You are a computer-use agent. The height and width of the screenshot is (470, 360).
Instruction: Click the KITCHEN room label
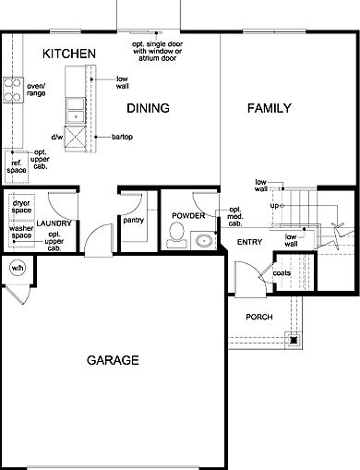[69, 54]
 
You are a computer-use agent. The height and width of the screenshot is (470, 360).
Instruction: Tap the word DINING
[148, 108]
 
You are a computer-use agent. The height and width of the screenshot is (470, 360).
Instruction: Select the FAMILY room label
[270, 108]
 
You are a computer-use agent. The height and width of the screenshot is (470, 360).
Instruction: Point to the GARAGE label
[113, 360]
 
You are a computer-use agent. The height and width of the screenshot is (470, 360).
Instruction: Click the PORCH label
[259, 317]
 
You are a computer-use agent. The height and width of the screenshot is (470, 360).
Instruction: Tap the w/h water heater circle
[18, 268]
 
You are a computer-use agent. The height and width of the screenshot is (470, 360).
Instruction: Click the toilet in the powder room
[176, 235]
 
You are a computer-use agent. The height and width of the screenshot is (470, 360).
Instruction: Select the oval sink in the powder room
[204, 240]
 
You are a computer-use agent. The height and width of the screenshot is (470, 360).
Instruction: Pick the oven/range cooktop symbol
[13, 90]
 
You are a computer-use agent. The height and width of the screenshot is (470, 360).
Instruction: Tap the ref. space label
[17, 166]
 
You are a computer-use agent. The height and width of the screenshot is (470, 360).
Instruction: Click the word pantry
[133, 221]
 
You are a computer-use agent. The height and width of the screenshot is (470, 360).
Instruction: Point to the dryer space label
[21, 207]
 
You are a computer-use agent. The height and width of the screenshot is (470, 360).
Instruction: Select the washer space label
[21, 232]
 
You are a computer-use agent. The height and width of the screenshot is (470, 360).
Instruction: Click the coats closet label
[282, 273]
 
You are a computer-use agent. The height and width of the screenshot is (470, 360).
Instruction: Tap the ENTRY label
[249, 242]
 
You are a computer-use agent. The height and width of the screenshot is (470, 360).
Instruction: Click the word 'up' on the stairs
[274, 206]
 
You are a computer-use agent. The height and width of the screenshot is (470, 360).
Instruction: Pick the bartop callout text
[122, 137]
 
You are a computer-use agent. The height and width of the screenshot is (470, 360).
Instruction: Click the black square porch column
[294, 340]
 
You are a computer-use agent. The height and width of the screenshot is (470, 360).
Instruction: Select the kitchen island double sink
[76, 110]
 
